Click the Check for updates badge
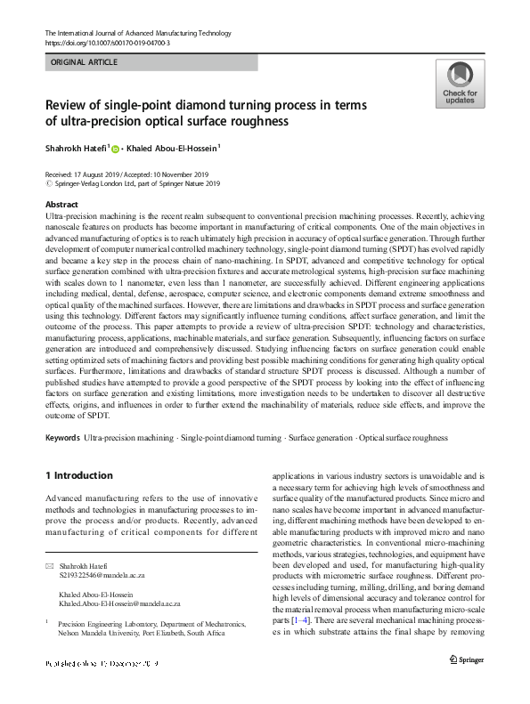pos(460,84)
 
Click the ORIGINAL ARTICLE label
pos(85,62)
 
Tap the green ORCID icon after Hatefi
pos(114,149)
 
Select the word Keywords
pos(62,438)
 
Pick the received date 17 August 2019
pos(102,174)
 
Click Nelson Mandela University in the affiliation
pos(102,634)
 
